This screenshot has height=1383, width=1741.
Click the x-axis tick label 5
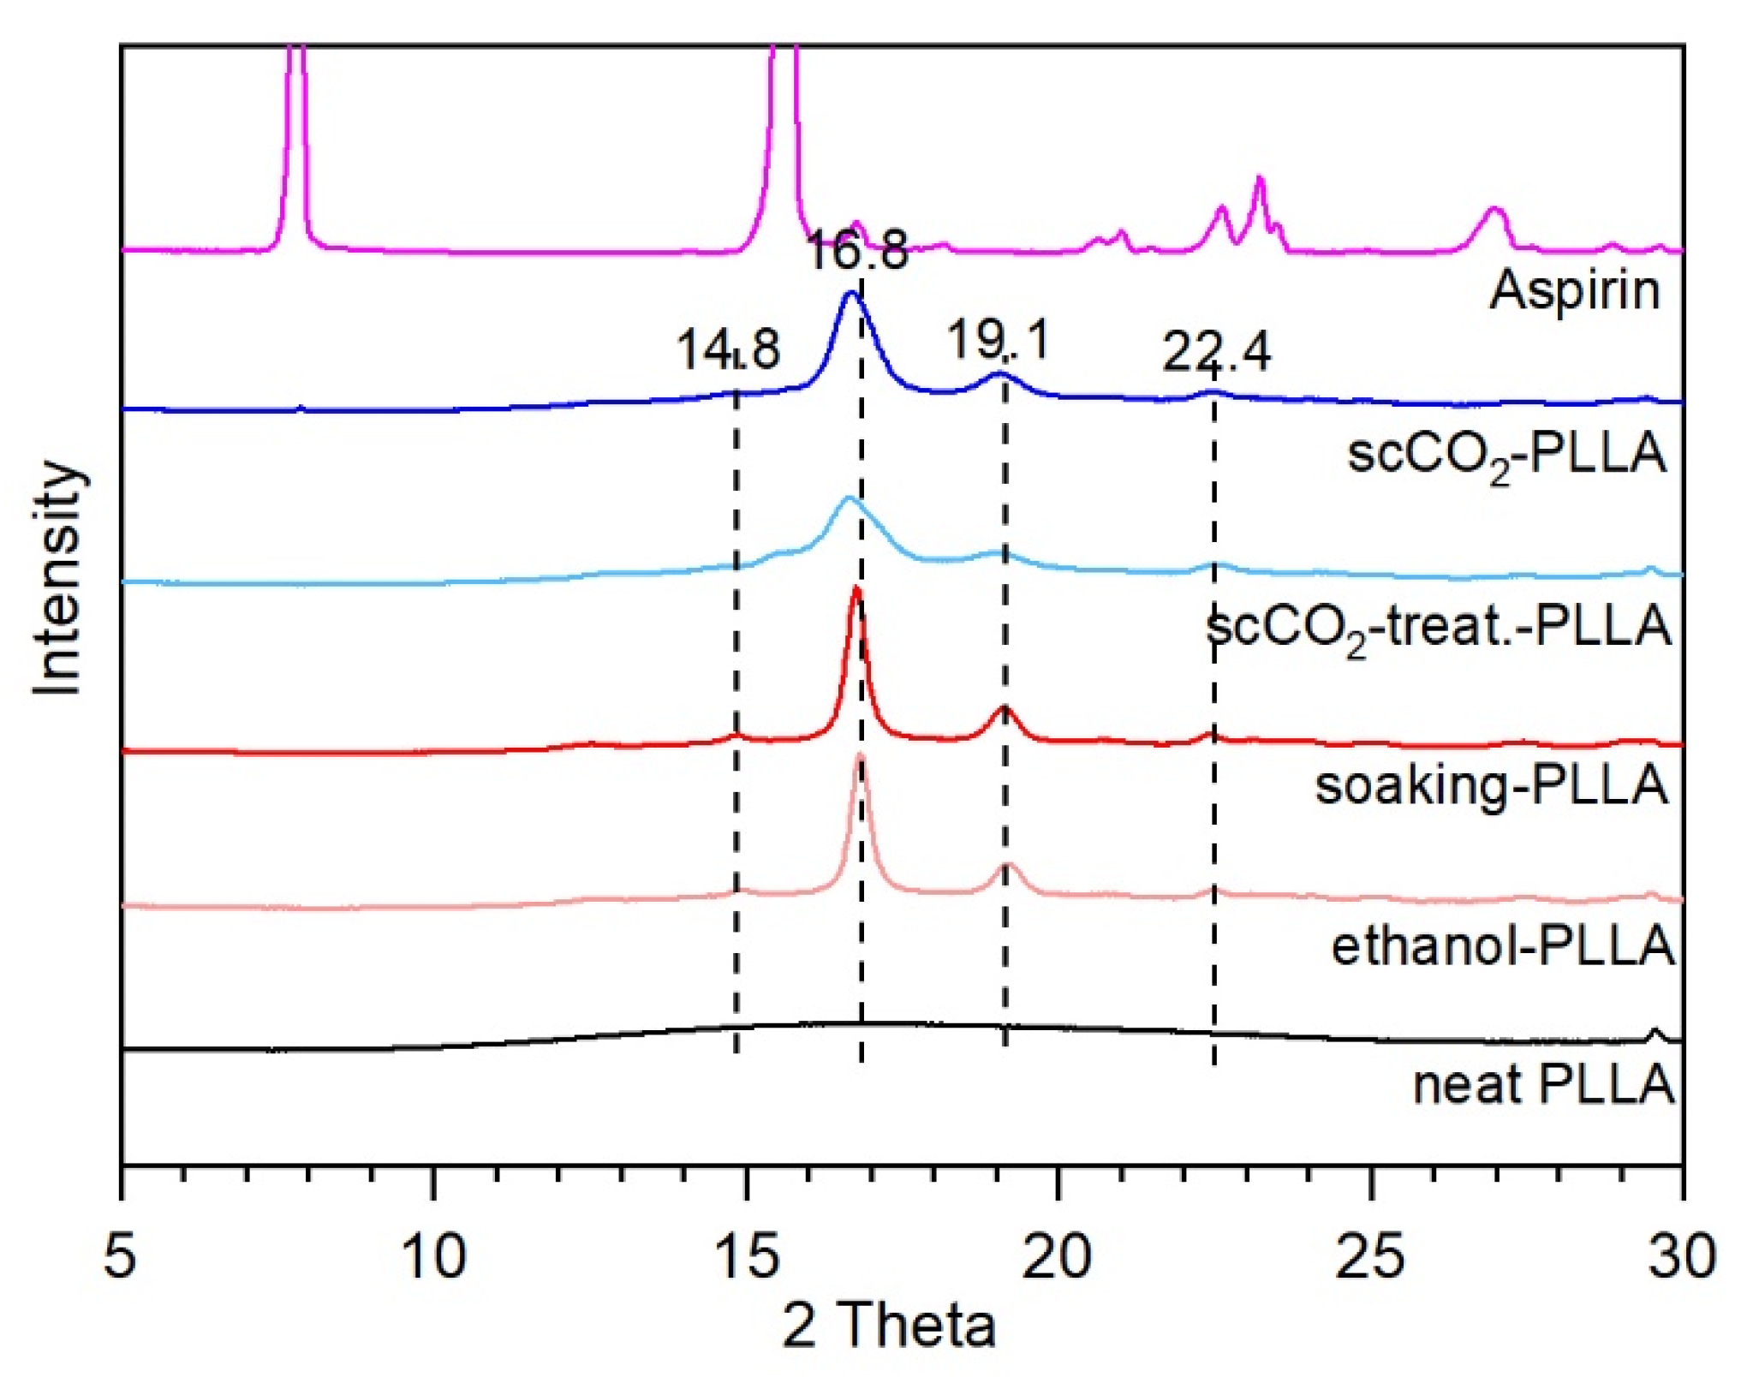[120, 1256]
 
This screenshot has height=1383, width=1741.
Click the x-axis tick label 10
[434, 1256]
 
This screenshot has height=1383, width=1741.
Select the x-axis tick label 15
[747, 1256]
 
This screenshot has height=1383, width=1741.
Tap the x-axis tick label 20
[1059, 1256]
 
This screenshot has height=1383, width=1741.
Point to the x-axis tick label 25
[1372, 1256]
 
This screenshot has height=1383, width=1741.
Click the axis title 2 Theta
[888, 1326]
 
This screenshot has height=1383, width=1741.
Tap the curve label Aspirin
[1575, 290]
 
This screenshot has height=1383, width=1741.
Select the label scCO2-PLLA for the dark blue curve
[1507, 454]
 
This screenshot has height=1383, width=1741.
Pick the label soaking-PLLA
[1492, 785]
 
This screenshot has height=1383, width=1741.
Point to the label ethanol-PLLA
[1503, 945]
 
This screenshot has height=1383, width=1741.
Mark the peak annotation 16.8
[856, 250]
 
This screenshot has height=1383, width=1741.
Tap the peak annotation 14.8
[728, 349]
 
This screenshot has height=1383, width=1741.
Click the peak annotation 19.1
[998, 339]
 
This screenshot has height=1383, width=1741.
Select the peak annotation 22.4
[1216, 351]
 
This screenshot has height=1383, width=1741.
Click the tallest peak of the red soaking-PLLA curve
[856, 591]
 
